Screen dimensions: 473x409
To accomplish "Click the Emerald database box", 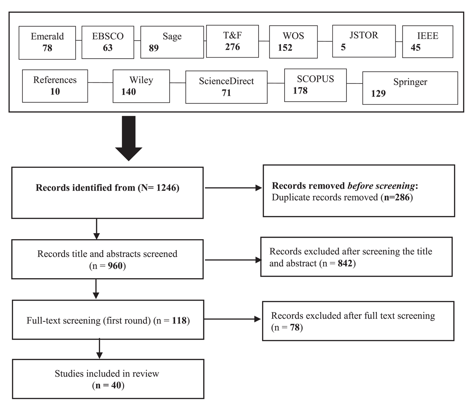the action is point(47,43).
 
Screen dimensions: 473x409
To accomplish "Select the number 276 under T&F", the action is point(233,47).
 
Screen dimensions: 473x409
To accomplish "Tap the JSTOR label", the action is point(364,35).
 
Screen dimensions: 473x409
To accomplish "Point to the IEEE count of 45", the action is point(415,47).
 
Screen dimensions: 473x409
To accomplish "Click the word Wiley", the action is point(141,80).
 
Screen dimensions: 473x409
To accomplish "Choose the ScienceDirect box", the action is point(226,87).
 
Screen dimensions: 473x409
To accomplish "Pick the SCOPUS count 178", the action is point(300,91).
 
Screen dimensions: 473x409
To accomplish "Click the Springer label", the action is point(410,82).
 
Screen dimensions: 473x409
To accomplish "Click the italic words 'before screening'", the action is point(381,186).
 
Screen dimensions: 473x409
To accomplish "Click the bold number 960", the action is point(115,266).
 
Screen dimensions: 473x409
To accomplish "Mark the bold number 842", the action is point(345,263).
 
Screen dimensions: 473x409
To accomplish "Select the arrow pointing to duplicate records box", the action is point(233,188).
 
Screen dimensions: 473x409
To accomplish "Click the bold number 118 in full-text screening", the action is point(179,320).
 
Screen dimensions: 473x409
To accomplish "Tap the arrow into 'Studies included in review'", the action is point(99,349).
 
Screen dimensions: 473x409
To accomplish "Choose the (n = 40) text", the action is point(108,385).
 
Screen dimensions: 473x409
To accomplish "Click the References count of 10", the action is point(55,91).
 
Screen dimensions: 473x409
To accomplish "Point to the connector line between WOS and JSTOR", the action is point(325,41).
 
